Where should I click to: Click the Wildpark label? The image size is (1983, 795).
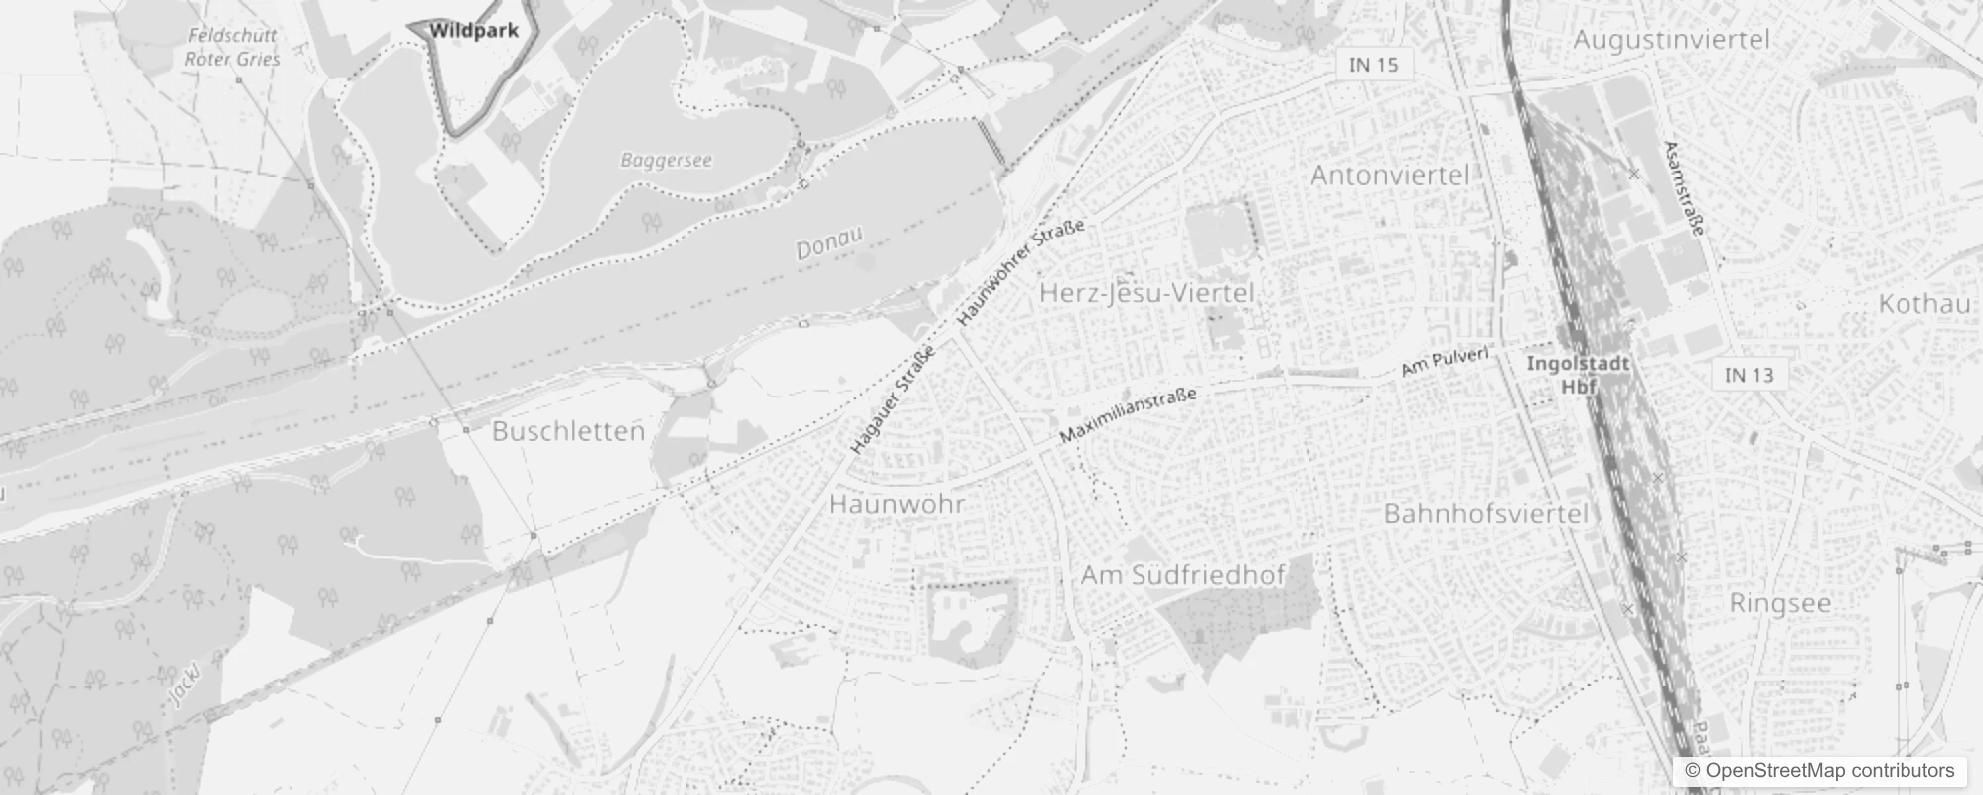[474, 31]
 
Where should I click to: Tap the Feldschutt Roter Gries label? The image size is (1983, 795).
[232, 47]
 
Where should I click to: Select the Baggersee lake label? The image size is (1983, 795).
[666, 160]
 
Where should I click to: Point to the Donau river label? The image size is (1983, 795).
[830, 242]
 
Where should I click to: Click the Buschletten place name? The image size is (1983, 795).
[568, 431]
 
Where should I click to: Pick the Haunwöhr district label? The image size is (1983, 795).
[896, 503]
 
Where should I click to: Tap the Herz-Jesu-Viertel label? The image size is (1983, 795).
[1146, 292]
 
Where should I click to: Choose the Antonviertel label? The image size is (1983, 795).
[1389, 175]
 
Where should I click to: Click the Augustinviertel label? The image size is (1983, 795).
[1672, 40]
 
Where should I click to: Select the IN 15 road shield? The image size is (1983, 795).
[1373, 65]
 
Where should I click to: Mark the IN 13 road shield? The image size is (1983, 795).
[1749, 375]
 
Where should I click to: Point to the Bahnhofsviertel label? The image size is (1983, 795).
[1486, 514]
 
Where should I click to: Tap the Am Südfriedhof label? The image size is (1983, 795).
[1182, 575]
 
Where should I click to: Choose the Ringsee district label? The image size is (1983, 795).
[1779, 603]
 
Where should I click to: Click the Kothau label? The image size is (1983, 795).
[1924, 304]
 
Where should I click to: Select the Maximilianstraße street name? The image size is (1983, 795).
[1128, 415]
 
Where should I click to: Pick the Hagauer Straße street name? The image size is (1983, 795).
[892, 400]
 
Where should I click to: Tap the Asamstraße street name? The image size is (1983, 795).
[1684, 187]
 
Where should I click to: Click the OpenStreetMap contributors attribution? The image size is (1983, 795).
[1819, 771]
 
